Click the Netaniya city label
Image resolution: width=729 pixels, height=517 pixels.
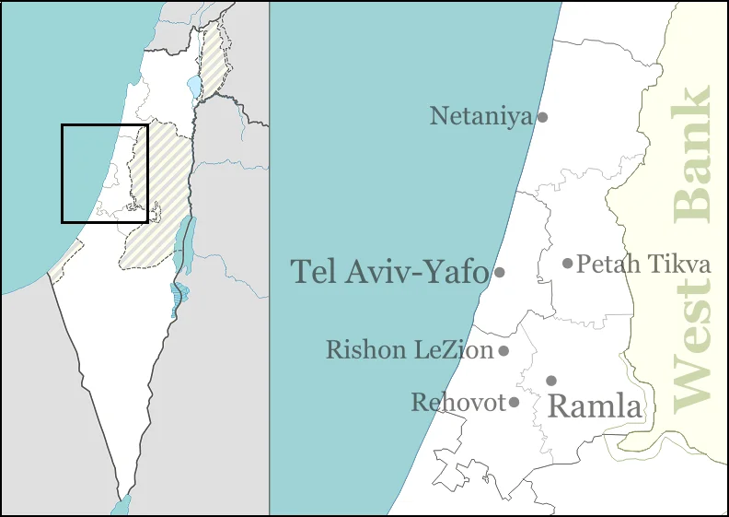click(481, 116)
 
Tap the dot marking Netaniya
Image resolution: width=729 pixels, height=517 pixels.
click(543, 117)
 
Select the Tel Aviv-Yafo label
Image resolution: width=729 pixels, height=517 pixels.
click(389, 272)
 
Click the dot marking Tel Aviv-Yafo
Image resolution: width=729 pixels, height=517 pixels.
click(500, 272)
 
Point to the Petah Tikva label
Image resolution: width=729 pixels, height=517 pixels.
click(643, 264)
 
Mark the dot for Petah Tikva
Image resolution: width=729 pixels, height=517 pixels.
click(568, 264)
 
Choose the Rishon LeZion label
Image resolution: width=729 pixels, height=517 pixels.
click(411, 350)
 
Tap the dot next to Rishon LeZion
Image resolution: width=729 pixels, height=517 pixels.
click(503, 350)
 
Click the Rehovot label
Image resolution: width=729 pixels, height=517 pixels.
click(458, 403)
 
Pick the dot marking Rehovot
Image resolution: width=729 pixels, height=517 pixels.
click(514, 402)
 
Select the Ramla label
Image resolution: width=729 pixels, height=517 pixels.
click(594, 405)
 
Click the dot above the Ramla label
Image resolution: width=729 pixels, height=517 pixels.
click(551, 381)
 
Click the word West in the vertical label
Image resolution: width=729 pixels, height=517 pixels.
click(692, 346)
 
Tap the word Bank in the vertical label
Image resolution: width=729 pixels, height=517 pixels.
click(692, 155)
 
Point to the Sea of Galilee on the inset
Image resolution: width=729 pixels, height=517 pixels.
click(193, 88)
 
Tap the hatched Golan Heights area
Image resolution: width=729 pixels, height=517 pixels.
click(213, 55)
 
